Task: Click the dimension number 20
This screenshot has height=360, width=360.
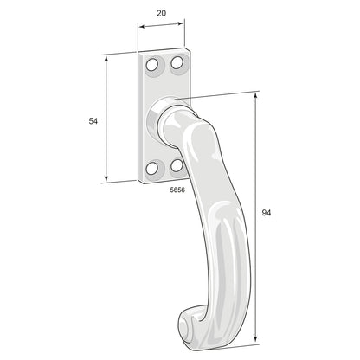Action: [161, 13]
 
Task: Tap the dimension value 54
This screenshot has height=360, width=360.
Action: [93, 121]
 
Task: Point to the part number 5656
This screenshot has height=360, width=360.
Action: [177, 188]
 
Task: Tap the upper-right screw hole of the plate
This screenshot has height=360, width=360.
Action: [176, 62]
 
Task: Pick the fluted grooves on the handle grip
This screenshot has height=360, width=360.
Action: [215, 251]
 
